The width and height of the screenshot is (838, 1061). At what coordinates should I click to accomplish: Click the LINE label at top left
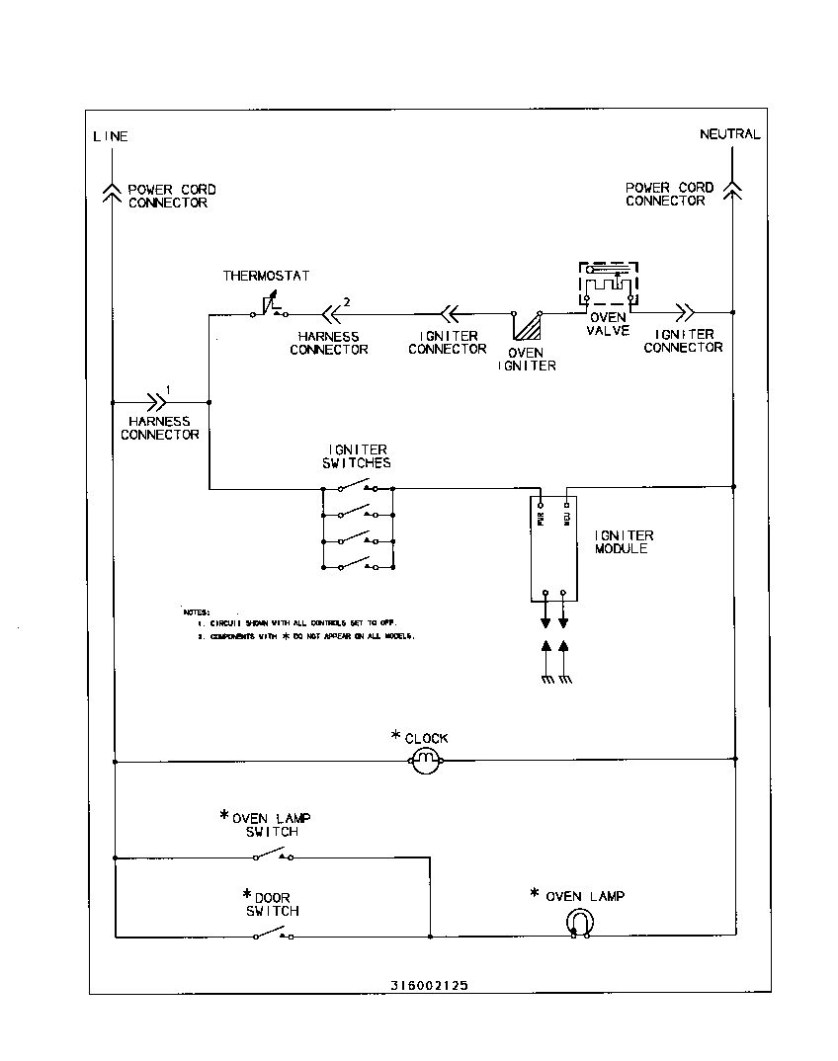pos(110,136)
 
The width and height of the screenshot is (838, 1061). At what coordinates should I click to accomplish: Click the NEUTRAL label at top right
pos(729,134)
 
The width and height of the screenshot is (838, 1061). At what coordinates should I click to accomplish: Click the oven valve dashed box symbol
pos(608,285)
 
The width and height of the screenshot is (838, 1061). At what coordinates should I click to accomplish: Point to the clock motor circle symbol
pos(425,760)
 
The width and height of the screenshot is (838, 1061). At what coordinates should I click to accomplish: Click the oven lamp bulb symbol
pos(579,923)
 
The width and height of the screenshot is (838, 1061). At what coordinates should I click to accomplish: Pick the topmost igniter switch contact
pos(357,486)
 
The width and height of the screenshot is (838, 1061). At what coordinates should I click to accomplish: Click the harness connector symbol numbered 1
pos(156,402)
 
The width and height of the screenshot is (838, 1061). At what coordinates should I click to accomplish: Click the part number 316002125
pos(429,985)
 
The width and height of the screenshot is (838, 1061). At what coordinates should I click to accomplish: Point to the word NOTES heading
pos(197,612)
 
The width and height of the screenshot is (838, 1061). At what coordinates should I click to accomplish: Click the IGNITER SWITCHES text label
pos(357,456)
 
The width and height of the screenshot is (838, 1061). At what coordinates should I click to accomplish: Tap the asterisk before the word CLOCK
pos(396,736)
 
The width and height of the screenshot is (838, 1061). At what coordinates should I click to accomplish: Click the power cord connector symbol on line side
pos(113,190)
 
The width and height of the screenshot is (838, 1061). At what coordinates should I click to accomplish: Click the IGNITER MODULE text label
pos(624,542)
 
